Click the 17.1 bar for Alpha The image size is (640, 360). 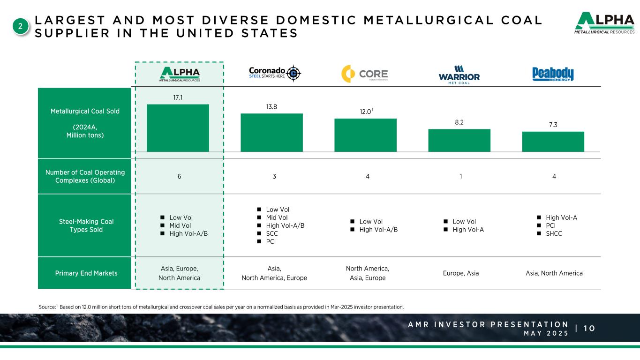pos(178,127)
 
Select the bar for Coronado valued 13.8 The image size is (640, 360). pos(271,132)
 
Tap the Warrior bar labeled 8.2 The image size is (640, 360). pos(459,140)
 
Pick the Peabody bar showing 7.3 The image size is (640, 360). pos(553,142)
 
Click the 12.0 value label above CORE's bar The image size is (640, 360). pos(366,112)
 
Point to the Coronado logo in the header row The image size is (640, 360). pos(274,73)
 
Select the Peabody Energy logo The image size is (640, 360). pos(553,74)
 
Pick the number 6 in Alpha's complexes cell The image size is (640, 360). pos(179,176)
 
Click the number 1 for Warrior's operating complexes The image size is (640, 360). pos(461,176)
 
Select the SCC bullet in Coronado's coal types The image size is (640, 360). pos(272,233)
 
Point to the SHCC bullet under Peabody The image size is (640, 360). pos(554,233)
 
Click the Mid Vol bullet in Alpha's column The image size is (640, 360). pos(181,225)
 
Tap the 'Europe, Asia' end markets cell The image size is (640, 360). pos(461,273)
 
